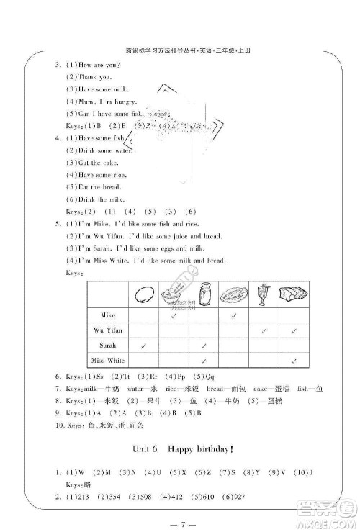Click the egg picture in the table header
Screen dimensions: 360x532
(145, 294)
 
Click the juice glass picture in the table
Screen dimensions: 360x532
(265, 294)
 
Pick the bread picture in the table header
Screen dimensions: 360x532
(294, 294)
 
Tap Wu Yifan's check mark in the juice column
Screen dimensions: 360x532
(265, 330)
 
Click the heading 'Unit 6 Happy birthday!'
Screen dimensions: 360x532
(179, 448)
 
